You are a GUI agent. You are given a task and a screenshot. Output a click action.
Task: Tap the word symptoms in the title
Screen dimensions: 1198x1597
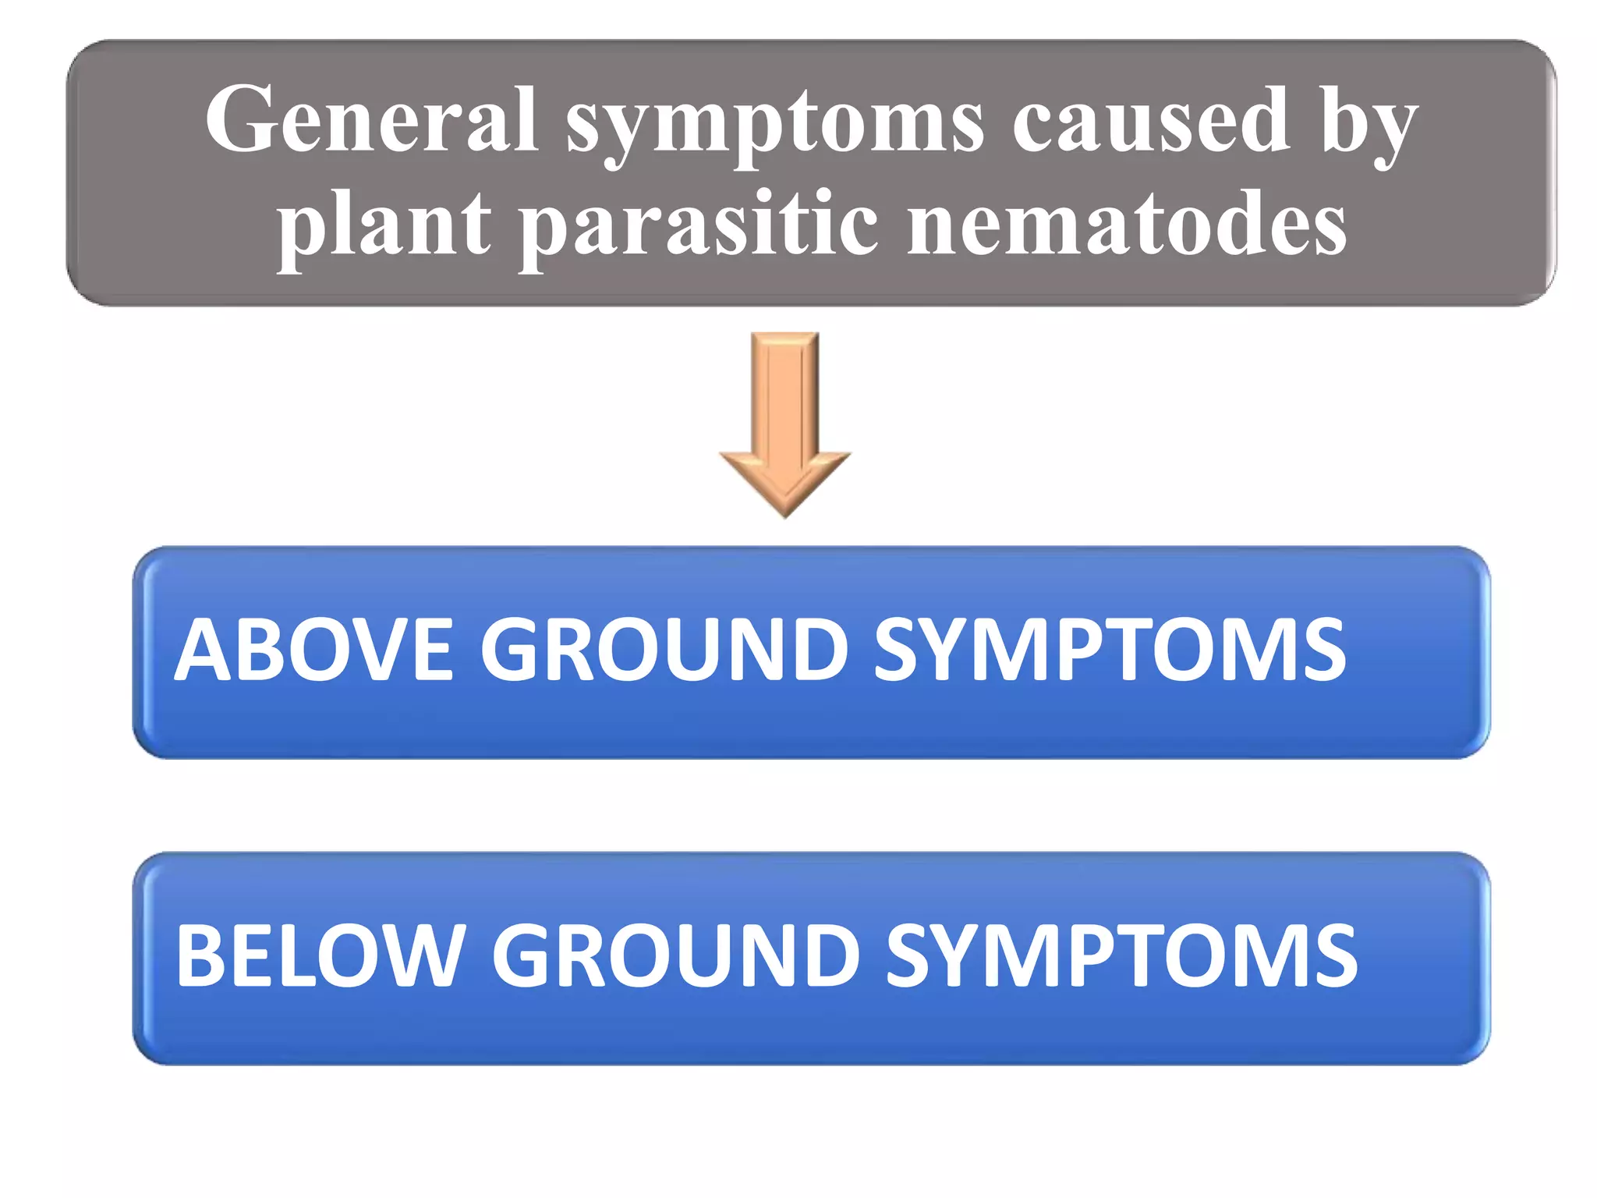pyautogui.click(x=774, y=125)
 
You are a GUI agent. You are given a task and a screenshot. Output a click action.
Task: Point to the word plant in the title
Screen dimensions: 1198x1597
pyautogui.click(x=384, y=226)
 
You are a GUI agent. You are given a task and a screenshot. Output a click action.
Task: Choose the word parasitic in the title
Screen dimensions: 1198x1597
pyautogui.click(x=699, y=226)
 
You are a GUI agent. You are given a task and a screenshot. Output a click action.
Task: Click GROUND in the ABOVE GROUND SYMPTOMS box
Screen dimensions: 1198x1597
pyautogui.click(x=664, y=650)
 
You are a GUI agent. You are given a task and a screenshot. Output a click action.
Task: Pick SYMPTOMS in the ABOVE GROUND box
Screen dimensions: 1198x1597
pyautogui.click(x=1109, y=650)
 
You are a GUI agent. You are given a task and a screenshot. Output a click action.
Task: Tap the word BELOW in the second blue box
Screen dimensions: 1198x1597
pyautogui.click(x=320, y=955)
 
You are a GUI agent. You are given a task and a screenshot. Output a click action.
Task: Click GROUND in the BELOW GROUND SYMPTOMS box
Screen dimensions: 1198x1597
pyautogui.click(x=675, y=955)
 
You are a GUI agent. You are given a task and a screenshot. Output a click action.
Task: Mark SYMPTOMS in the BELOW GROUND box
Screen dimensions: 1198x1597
pyautogui.click(x=1121, y=955)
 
